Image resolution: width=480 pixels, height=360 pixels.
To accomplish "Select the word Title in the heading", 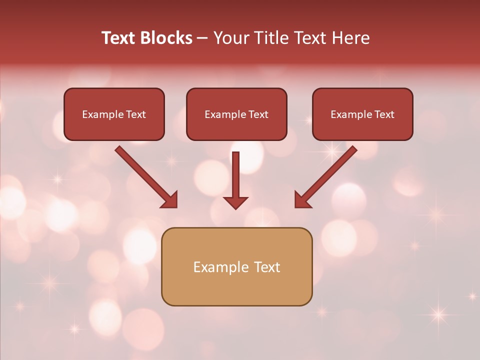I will coord(272,38).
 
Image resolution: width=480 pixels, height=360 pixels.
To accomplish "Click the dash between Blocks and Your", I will coord(202,38).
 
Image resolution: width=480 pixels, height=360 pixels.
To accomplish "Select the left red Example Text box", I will coord(114,128).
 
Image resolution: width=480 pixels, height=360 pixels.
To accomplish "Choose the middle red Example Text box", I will coord(236,128).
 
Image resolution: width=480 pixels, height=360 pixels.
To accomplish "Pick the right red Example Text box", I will coord(362,128).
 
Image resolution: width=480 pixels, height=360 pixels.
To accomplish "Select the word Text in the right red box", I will coord(384,114).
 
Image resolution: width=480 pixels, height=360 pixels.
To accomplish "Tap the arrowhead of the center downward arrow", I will coord(236,202).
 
